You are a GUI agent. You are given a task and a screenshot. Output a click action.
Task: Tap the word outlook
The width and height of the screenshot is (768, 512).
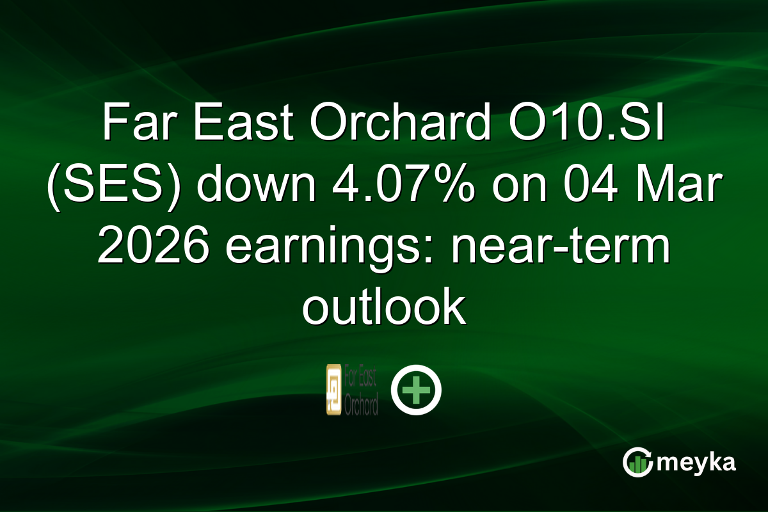click(383, 307)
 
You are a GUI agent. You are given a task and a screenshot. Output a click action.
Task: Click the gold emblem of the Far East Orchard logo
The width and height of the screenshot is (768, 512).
click(333, 389)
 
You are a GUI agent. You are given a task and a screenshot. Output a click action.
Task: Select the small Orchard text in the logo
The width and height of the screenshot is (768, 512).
click(361, 405)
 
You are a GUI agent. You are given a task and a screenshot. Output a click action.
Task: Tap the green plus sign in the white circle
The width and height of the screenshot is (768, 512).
click(417, 390)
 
